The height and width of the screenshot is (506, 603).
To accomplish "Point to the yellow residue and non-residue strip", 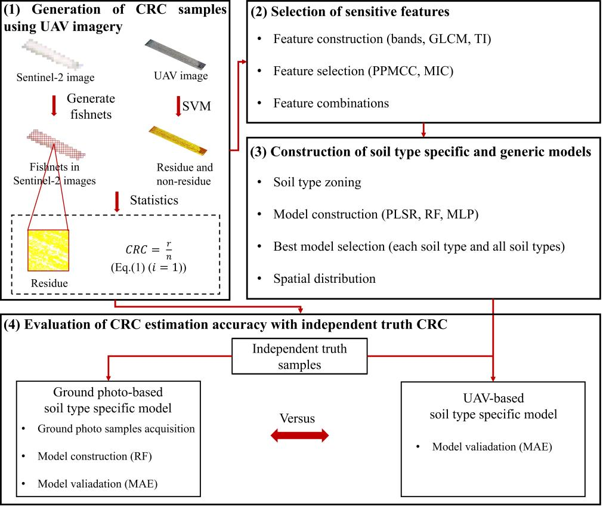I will click(x=178, y=140).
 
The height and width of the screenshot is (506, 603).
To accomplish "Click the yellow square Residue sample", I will click(x=49, y=251).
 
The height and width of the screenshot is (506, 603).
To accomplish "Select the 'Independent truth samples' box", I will click(x=299, y=356).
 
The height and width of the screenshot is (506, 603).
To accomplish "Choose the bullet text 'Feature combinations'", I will click(x=331, y=103).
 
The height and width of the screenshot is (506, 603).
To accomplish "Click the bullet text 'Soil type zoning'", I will click(x=317, y=182).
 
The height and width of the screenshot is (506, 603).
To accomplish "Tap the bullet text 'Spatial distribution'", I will click(x=324, y=279).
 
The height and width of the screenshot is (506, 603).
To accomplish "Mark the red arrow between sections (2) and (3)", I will click(x=423, y=129).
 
